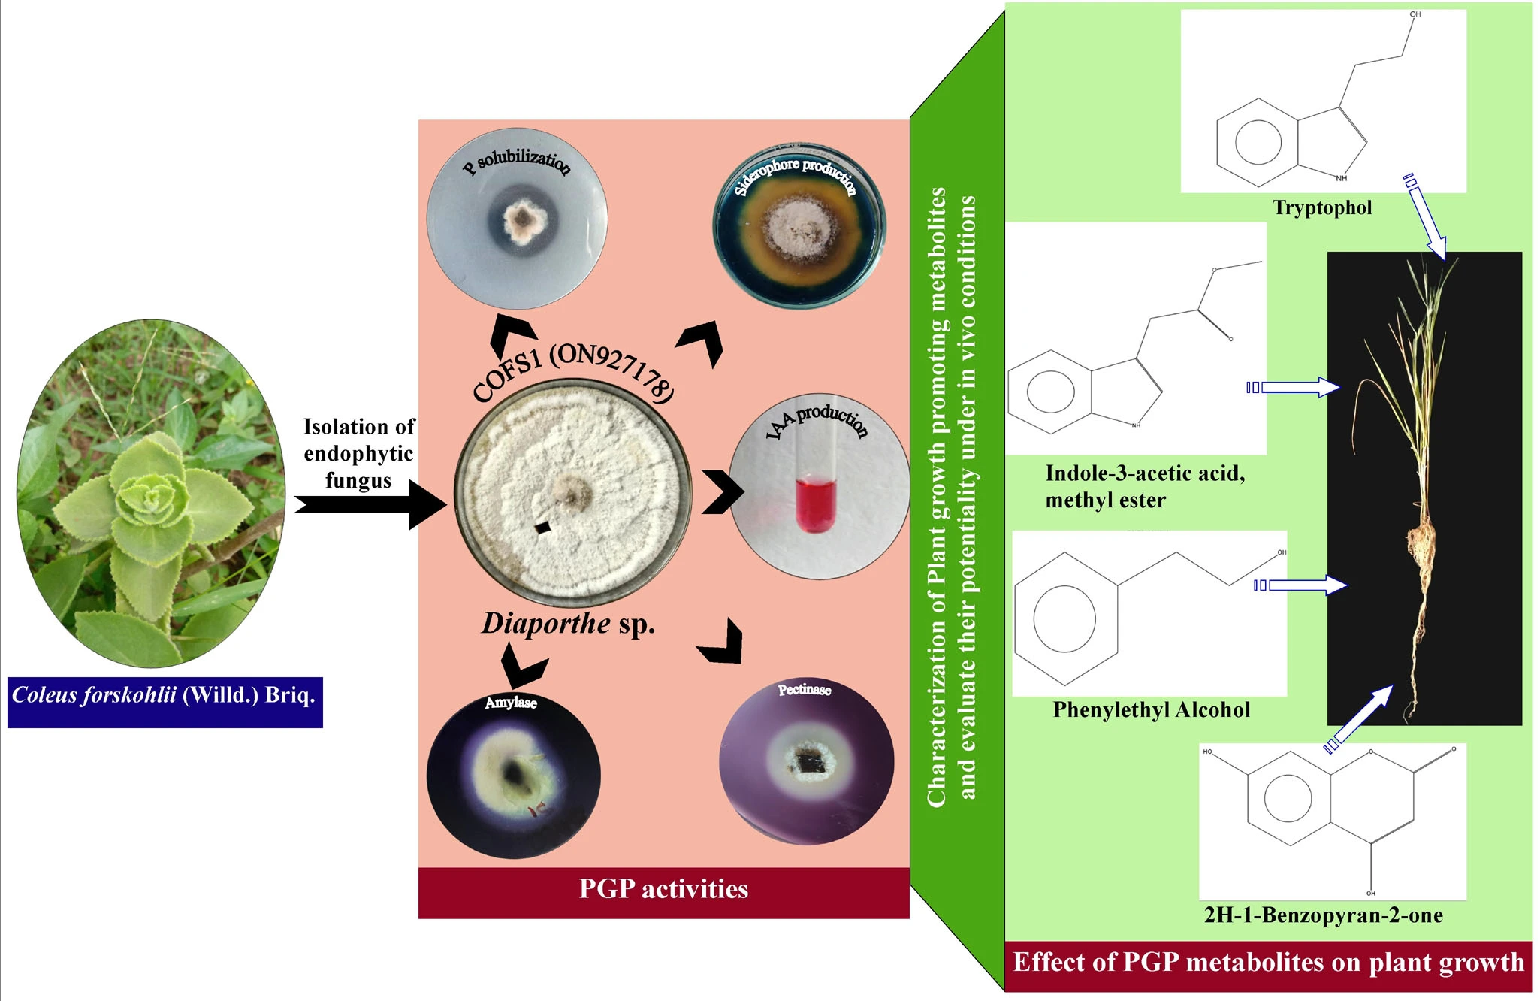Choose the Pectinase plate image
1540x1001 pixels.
(x=807, y=762)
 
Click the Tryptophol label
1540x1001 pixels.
(x=1322, y=208)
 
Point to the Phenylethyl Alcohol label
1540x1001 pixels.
(x=1151, y=710)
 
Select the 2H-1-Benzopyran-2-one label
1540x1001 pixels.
(x=1323, y=915)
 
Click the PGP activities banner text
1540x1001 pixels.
(x=663, y=890)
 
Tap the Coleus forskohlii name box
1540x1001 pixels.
(x=165, y=696)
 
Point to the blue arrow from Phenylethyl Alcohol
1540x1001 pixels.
(x=1300, y=585)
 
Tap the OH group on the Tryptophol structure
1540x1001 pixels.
(x=1415, y=14)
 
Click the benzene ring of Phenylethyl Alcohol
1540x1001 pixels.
(x=1064, y=618)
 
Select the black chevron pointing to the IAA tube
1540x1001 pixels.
(x=722, y=492)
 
